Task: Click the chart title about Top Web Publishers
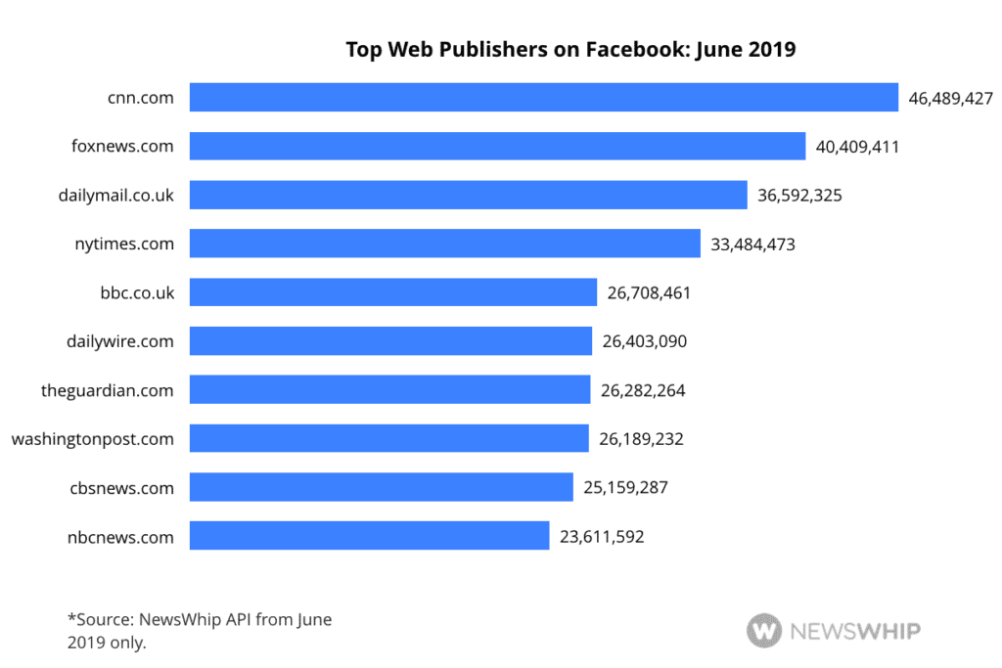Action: pyautogui.click(x=570, y=50)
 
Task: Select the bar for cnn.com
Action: pyautogui.click(x=543, y=98)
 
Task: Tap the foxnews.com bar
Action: pyautogui.click(x=497, y=147)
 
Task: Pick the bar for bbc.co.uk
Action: pyautogui.click(x=392, y=292)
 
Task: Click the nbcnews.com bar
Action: pyautogui.click(x=369, y=536)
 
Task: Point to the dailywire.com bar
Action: pyautogui.click(x=390, y=341)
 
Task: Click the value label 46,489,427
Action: pyautogui.click(x=951, y=98)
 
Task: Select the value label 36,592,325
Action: pyautogui.click(x=799, y=196)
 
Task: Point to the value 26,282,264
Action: pyautogui.click(x=643, y=390)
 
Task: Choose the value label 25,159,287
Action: pyautogui.click(x=625, y=487)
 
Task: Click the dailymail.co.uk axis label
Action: pyautogui.click(x=116, y=196)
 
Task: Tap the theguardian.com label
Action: pyautogui.click(x=108, y=390)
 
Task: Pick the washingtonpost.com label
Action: pyautogui.click(x=93, y=439)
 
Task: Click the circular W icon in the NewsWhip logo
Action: pyautogui.click(x=764, y=631)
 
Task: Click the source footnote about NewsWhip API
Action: pyautogui.click(x=200, y=631)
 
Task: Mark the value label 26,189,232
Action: pyautogui.click(x=641, y=439)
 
